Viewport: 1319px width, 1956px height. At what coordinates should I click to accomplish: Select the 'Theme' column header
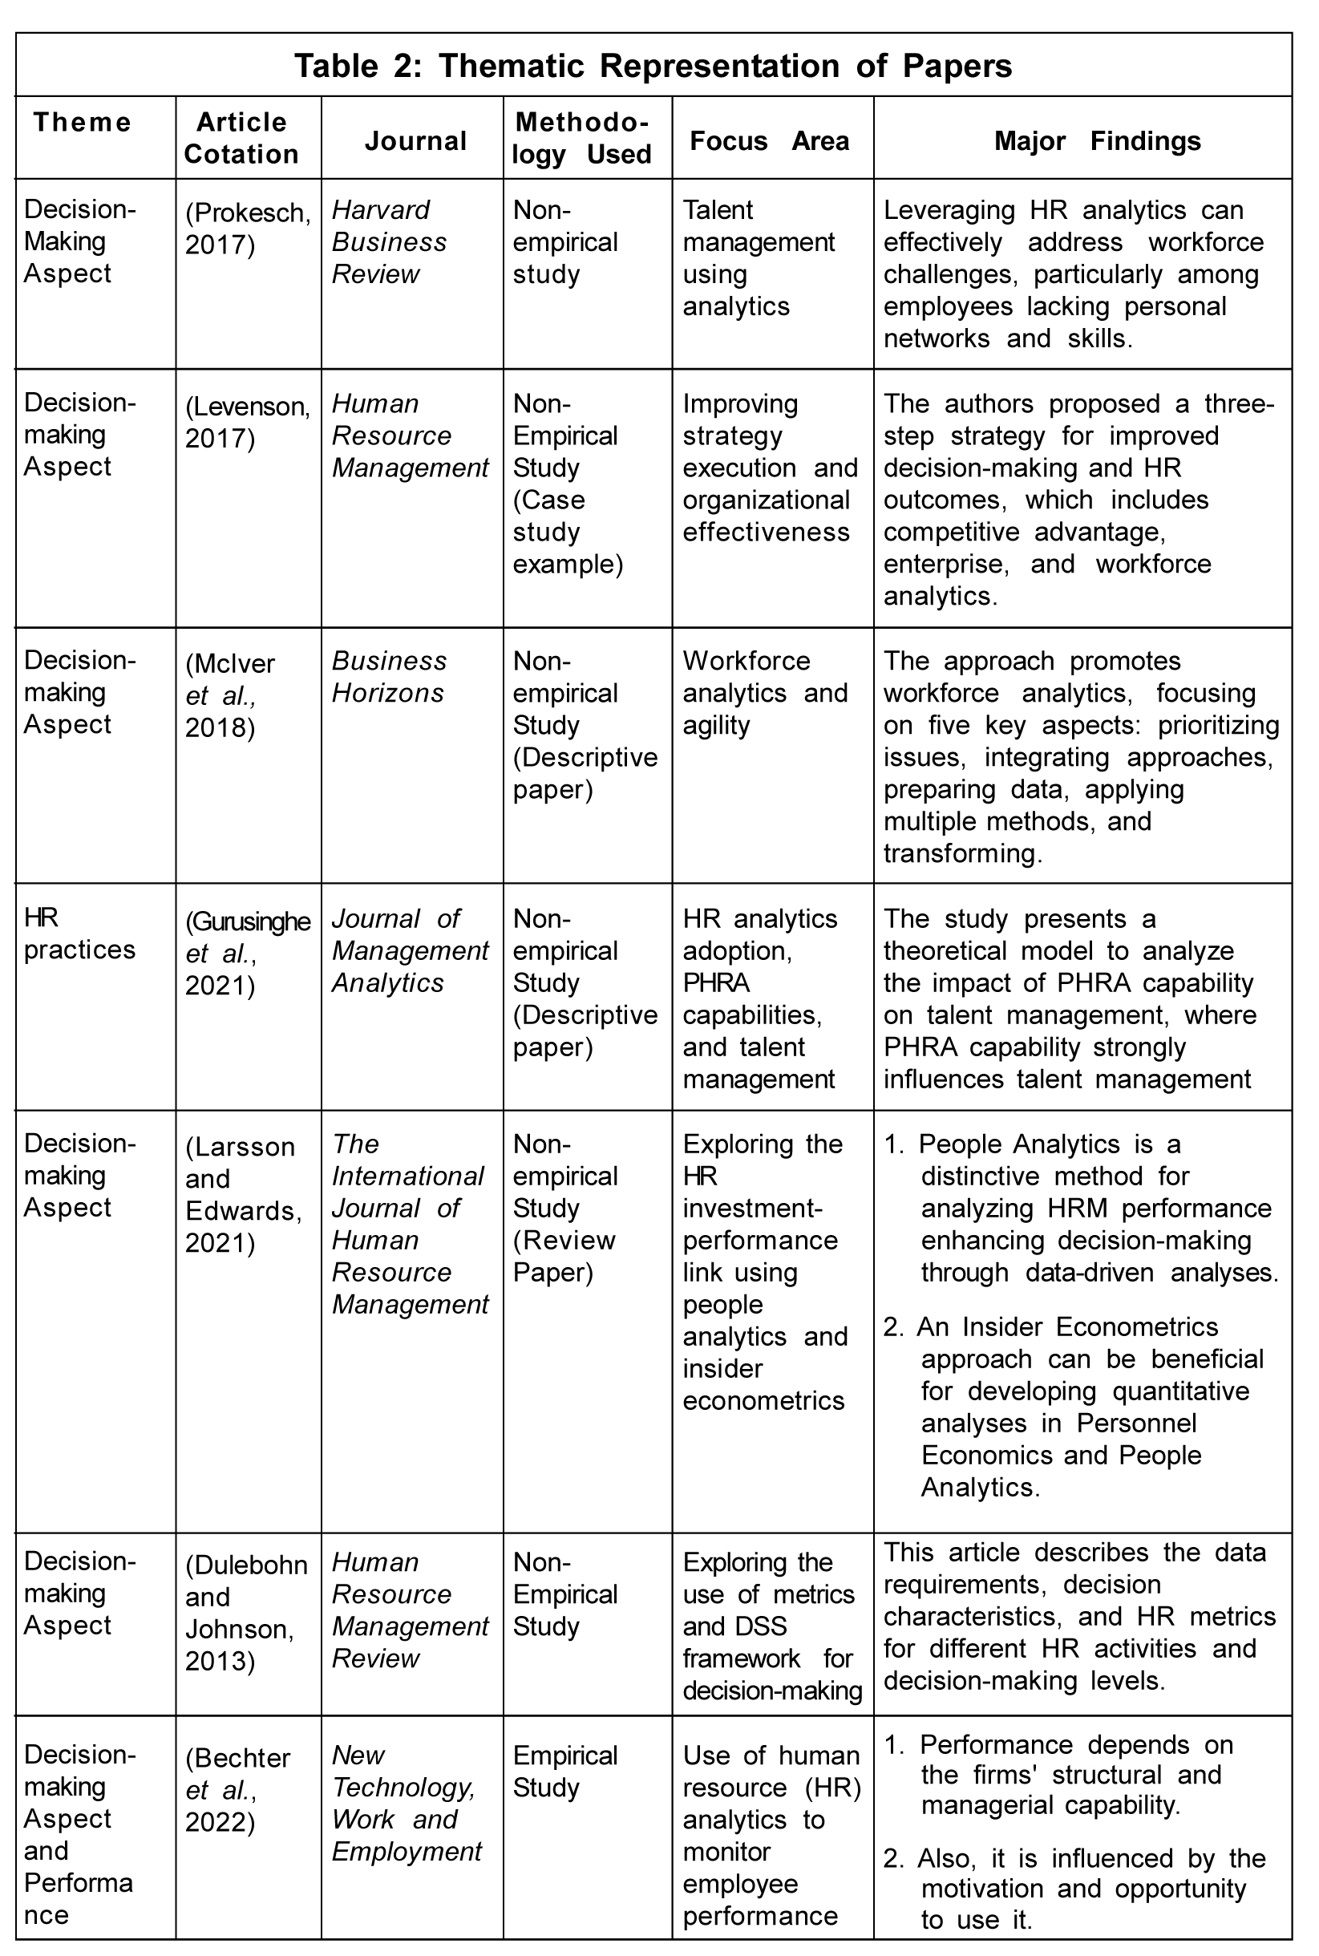tap(82, 122)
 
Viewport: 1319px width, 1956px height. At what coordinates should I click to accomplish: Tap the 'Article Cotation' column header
tap(241, 138)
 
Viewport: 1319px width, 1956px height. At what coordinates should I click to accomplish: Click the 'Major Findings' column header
tap(1097, 140)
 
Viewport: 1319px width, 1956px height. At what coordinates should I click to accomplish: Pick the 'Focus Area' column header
tap(769, 140)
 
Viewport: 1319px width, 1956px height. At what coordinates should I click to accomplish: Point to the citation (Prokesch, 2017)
tap(247, 228)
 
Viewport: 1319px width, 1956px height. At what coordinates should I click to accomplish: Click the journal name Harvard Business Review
tap(389, 241)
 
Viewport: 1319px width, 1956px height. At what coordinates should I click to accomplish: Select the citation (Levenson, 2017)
tap(247, 422)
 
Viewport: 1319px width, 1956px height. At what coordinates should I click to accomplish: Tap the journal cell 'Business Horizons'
tap(389, 676)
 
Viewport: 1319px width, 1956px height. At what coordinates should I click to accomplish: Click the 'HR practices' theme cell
tap(79, 933)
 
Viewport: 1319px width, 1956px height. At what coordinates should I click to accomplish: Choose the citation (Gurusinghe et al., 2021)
tap(247, 954)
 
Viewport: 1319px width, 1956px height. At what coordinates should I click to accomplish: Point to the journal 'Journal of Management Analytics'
tap(410, 950)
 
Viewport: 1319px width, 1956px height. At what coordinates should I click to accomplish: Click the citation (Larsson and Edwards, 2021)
tap(243, 1194)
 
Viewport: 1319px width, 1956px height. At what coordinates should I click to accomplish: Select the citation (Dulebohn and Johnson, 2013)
tap(245, 1612)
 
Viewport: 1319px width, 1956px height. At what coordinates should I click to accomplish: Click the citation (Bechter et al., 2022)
tap(238, 1789)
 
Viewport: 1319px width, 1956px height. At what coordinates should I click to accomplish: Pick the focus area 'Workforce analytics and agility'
tap(765, 692)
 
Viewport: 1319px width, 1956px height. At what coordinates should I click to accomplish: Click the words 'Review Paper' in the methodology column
tap(564, 1256)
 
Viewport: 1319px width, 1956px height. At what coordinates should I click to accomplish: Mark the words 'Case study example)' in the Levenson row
tap(567, 532)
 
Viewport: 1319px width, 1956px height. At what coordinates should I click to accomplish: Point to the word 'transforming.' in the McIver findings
tap(962, 853)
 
